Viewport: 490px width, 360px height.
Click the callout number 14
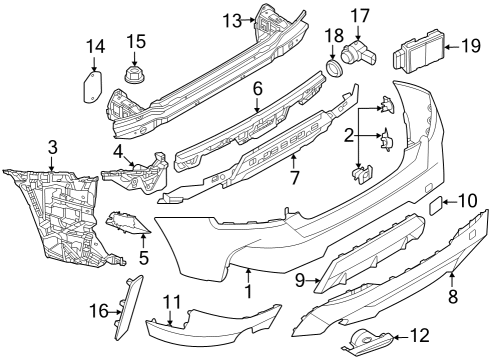(95, 46)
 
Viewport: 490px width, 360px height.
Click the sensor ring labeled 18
(333, 68)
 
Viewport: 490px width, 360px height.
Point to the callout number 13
(232, 19)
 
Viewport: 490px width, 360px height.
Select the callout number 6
(257, 88)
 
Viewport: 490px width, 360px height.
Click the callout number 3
(52, 149)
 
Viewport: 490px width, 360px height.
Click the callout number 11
(172, 300)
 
